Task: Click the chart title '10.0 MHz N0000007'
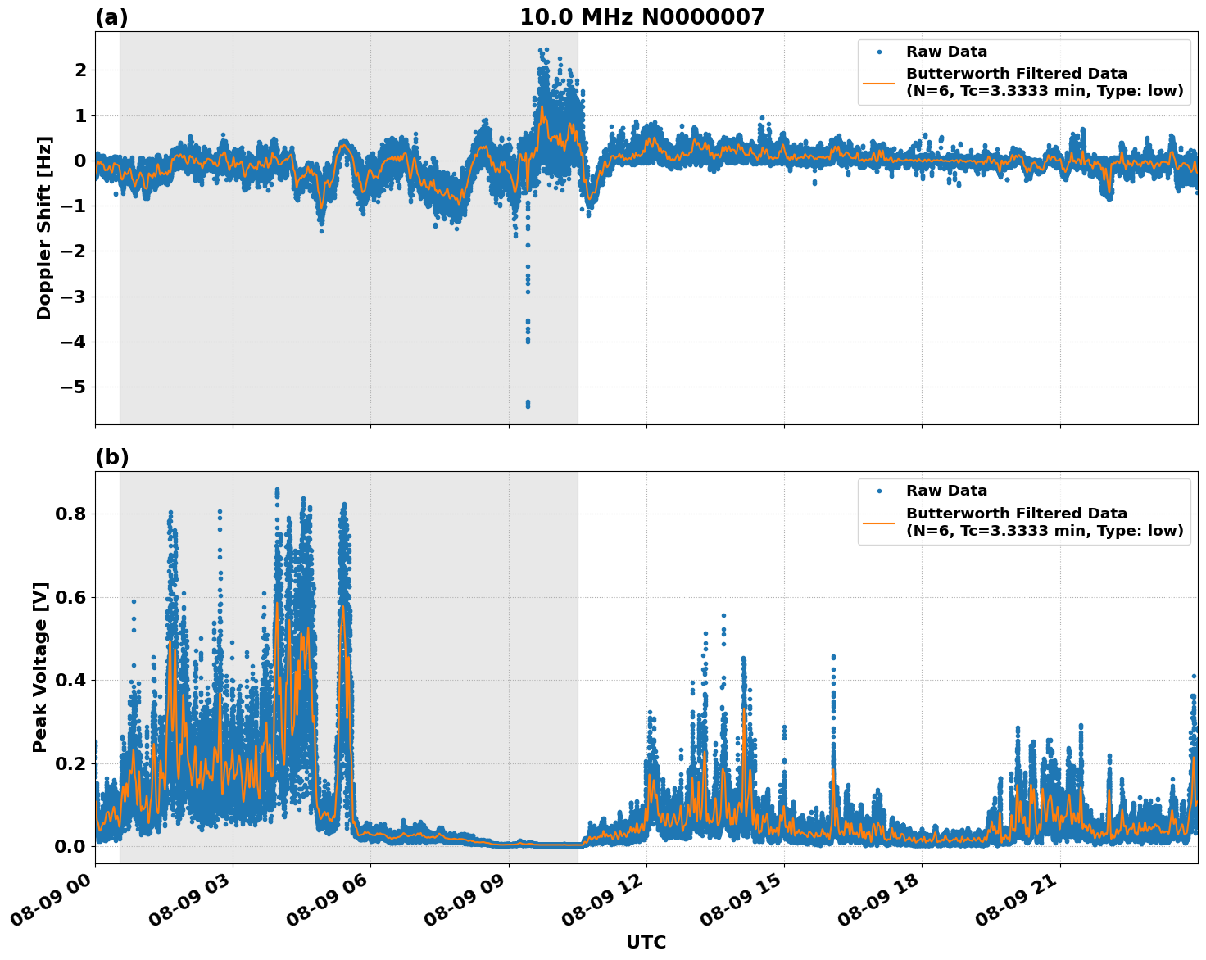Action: tap(642, 17)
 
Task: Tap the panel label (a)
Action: tap(111, 17)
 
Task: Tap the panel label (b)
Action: tap(111, 457)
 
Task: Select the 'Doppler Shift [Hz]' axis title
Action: tap(44, 228)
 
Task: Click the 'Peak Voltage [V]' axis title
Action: tap(40, 667)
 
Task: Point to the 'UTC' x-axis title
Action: tap(646, 943)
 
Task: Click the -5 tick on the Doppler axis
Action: tap(75, 387)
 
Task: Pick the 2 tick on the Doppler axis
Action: tap(80, 70)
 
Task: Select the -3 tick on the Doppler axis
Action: tap(75, 297)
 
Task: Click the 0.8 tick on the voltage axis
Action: tap(70, 514)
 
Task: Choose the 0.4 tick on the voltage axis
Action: tap(70, 681)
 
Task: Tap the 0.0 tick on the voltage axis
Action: tap(70, 846)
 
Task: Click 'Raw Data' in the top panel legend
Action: tap(946, 52)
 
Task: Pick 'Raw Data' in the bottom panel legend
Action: tap(946, 491)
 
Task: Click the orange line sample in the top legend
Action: tap(878, 82)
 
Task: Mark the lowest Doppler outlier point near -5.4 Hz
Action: tap(528, 405)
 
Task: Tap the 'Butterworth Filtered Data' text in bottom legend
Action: tap(1016, 514)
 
